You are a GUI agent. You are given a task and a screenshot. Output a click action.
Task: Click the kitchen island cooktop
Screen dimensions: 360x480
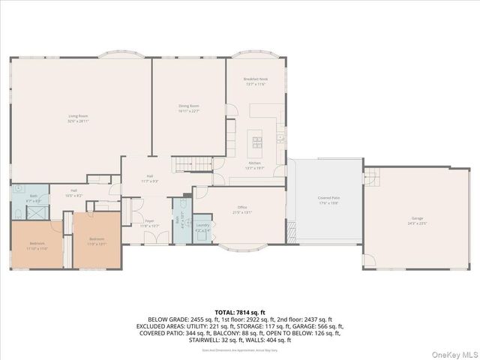[256, 139]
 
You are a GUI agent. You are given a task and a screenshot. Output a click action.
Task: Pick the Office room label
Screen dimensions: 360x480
[241, 209]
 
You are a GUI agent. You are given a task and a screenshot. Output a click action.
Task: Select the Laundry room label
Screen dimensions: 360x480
[202, 227]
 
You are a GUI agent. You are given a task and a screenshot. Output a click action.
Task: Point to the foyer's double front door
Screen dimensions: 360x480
[156, 238]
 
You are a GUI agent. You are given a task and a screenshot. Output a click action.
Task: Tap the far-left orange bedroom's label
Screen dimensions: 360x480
[37, 245]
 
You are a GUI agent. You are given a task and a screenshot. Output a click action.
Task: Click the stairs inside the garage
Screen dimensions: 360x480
[370, 177]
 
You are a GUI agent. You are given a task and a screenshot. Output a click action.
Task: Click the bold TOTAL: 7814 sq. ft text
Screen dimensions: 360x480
[240, 312]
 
